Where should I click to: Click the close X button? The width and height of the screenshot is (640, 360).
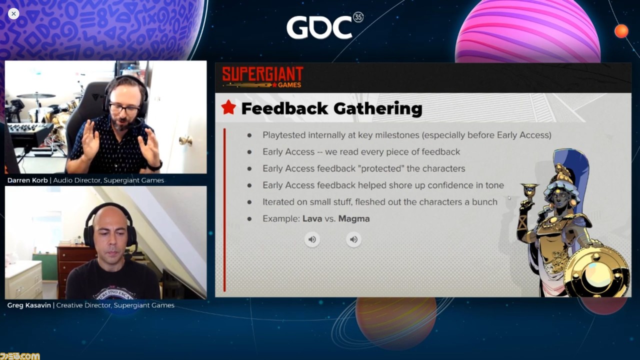pyautogui.click(x=13, y=13)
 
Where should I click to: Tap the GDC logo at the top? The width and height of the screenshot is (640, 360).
pyautogui.click(x=324, y=26)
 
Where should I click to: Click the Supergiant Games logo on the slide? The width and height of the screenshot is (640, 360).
pyautogui.click(x=262, y=77)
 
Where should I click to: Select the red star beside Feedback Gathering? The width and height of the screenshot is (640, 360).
pyautogui.click(x=228, y=107)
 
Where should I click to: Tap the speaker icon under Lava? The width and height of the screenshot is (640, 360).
pyautogui.click(x=312, y=239)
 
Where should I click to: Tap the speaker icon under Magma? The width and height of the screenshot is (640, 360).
pyautogui.click(x=353, y=239)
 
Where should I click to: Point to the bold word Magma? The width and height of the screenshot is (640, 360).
pyautogui.click(x=354, y=219)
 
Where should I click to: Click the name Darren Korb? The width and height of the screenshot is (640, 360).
pyautogui.click(x=27, y=180)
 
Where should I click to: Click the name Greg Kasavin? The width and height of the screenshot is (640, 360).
pyautogui.click(x=29, y=305)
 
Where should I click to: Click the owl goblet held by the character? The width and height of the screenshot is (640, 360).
pyautogui.click(x=529, y=192)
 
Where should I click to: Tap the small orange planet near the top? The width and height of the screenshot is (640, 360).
pyautogui.click(x=621, y=31)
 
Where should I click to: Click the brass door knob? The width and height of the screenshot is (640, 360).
pyautogui.click(x=185, y=140)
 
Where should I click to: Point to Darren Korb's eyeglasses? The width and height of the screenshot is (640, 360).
pyautogui.click(x=124, y=108)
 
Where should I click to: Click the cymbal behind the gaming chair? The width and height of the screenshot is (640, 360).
pyautogui.click(x=36, y=95)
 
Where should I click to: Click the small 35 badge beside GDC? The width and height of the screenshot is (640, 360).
pyautogui.click(x=358, y=17)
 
